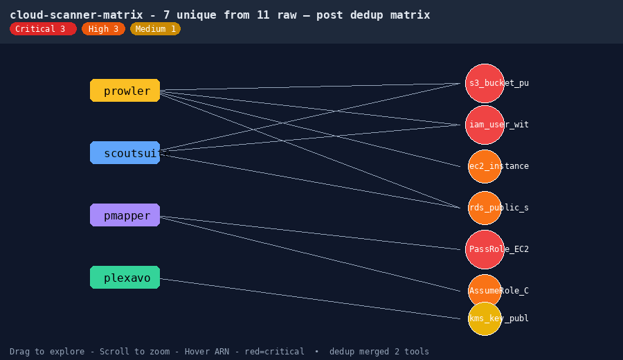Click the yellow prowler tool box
pyautogui.click(x=125, y=91)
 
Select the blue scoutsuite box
pyautogui.click(x=125, y=152)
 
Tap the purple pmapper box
pyautogui.click(x=125, y=215)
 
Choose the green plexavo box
pyautogui.click(x=125, y=278)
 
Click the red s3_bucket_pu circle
pyautogui.click(x=485, y=84)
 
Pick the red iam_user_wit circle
pyautogui.click(x=485, y=125)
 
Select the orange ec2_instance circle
pyautogui.click(x=485, y=166)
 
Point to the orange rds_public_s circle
pyautogui.click(x=485, y=208)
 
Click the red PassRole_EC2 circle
pyautogui.click(x=485, y=249)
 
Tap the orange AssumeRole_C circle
pyautogui.click(x=485, y=291)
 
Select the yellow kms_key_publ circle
pyautogui.click(x=485, y=318)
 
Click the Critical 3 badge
pyautogui.click(x=43, y=29)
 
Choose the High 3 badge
pyautogui.click(x=103, y=29)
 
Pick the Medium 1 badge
pyautogui.click(x=155, y=29)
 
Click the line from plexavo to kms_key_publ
pyautogui.click(x=310, y=299)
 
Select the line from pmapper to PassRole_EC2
pyautogui.click(x=310, y=233)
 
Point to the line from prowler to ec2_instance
pyautogui.click(x=310, y=129)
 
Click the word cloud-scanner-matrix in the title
pyautogui.click(x=76, y=15)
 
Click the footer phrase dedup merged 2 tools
pyautogui.click(x=379, y=352)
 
